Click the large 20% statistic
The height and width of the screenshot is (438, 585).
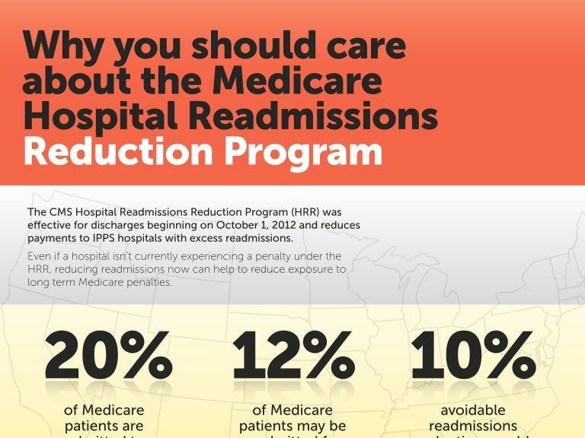(107, 355)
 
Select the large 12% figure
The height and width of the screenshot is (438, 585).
(292, 355)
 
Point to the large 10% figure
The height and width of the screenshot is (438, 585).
(473, 355)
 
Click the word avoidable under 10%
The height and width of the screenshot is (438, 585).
(473, 411)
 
